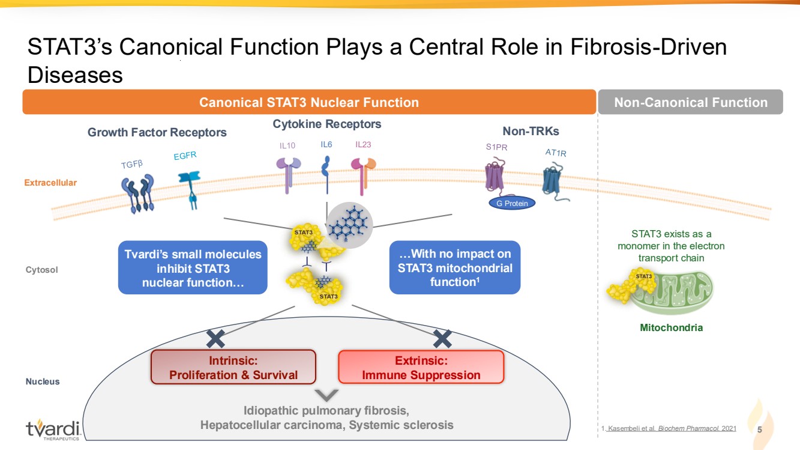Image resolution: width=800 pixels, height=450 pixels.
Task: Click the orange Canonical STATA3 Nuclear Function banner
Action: [x=309, y=102]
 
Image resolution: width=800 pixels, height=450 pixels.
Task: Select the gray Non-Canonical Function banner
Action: [x=690, y=102]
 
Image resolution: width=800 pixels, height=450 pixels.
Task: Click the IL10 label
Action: [x=287, y=145]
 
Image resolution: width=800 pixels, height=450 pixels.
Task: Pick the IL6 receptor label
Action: [x=326, y=145]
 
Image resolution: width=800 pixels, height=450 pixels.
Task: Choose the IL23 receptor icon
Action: [x=362, y=174]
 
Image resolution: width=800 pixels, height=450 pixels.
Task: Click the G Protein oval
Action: [x=512, y=203]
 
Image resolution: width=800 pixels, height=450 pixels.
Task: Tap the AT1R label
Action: [x=556, y=153]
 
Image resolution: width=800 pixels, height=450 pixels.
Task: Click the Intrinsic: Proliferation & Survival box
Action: [x=233, y=367]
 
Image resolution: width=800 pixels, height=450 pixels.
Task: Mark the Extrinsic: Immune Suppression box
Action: [x=421, y=367]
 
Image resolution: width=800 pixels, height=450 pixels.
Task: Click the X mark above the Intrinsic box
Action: [x=215, y=338]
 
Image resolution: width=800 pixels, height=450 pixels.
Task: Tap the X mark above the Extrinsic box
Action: [x=442, y=338]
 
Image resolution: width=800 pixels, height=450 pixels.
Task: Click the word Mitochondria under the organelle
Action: [x=671, y=328]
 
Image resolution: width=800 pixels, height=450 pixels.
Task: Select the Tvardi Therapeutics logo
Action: [x=53, y=429]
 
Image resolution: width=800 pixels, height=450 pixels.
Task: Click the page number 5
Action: [x=760, y=430]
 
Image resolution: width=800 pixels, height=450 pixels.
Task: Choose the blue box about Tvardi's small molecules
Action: [x=192, y=268]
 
